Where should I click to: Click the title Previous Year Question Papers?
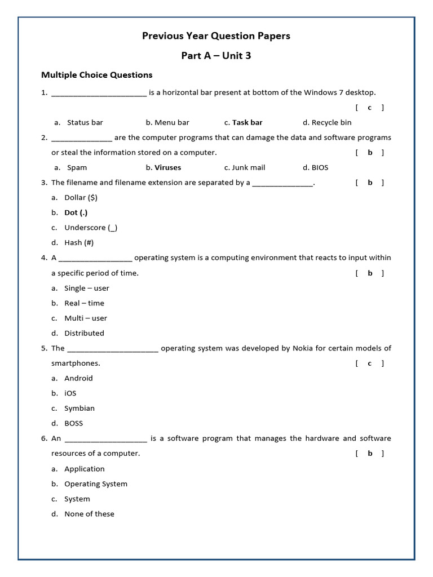[216, 36]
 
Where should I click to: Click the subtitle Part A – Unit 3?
[216, 55]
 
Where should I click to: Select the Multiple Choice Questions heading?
[97, 75]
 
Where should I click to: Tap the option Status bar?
[85, 122]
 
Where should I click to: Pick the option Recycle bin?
[331, 122]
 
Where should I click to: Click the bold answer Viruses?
[167, 167]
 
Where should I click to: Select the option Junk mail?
[248, 167]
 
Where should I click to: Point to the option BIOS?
[320, 167]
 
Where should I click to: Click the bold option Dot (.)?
[76, 213]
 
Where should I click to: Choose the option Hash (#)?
[79, 243]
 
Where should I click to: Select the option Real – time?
[84, 303]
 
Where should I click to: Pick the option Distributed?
[84, 333]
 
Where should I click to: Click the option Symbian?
[79, 409]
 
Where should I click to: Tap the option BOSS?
[73, 423]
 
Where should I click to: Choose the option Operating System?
[96, 484]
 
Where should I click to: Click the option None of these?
[89, 514]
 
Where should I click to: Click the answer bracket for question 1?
[370, 108]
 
